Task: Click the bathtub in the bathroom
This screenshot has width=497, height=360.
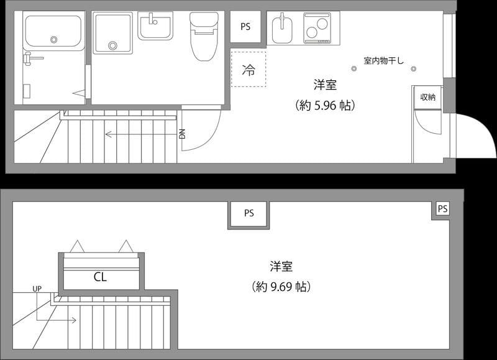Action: (53, 33)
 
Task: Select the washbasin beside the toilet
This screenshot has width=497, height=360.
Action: (155, 26)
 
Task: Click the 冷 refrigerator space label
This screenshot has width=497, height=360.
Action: (248, 70)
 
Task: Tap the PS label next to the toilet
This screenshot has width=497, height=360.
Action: (245, 27)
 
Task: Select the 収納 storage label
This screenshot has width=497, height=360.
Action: (427, 97)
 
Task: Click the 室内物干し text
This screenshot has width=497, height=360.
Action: (384, 61)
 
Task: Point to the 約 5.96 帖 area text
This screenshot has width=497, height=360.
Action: (325, 106)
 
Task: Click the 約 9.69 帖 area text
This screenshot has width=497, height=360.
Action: (281, 287)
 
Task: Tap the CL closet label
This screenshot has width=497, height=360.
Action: (100, 277)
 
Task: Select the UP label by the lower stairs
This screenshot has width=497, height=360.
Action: (37, 289)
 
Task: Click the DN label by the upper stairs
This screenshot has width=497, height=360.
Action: (182, 134)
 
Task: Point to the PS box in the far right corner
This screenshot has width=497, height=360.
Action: (442, 210)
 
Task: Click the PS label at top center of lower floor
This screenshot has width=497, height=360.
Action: (248, 213)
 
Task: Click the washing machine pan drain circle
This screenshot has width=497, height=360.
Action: (112, 45)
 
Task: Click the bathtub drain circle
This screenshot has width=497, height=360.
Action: (54, 39)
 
